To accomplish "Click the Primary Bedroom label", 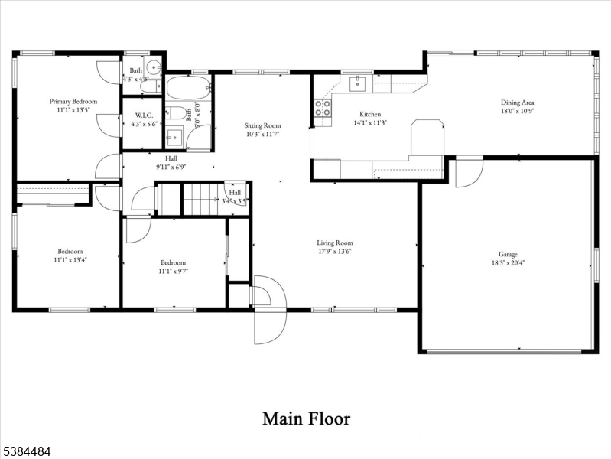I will [73, 101].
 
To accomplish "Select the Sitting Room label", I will [262, 125].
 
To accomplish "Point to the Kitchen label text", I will [370, 114].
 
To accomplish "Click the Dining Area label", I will [517, 102].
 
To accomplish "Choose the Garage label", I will [508, 254].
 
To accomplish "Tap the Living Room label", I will [335, 243].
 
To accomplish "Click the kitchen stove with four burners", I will [323, 108].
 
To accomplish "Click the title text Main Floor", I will [306, 418].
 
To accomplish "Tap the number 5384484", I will [26, 452].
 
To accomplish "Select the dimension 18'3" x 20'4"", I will [508, 262].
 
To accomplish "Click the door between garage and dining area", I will [468, 171].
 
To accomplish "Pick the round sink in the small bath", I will [153, 66].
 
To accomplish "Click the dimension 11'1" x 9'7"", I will [174, 270].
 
